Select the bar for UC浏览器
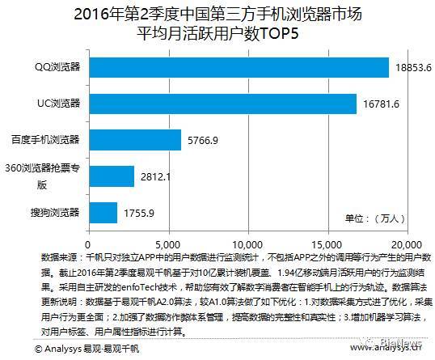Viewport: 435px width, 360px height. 222,104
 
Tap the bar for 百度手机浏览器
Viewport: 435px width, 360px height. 134,140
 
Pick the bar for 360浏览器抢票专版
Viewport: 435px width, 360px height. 111,176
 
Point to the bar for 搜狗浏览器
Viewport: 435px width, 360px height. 103,213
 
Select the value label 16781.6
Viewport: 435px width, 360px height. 380,104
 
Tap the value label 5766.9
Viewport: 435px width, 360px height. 204,140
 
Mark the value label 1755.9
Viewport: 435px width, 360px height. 139,213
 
